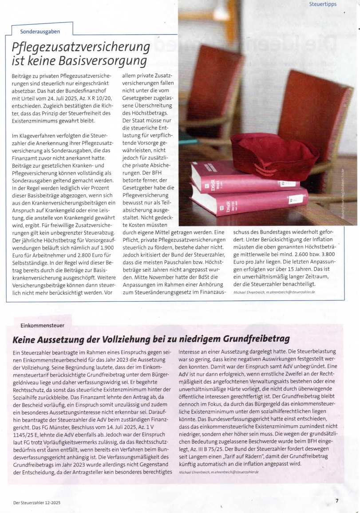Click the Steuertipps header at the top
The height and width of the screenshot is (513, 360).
(323, 4)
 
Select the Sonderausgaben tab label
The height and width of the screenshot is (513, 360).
(40, 32)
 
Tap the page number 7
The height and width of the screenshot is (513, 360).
(337, 501)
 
